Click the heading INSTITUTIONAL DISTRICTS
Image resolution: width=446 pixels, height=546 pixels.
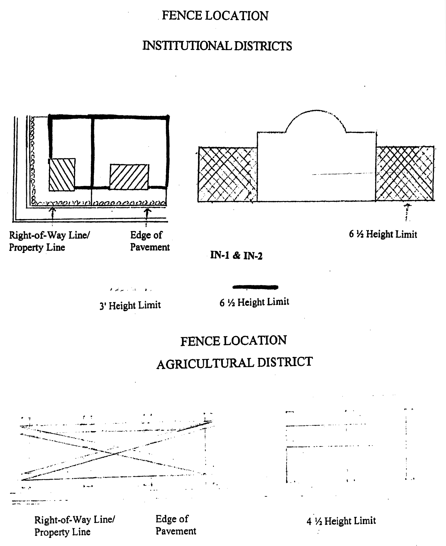point(217,46)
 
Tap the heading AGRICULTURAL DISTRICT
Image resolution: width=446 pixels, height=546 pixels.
point(234,363)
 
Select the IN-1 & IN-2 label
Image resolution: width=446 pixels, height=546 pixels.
point(236,255)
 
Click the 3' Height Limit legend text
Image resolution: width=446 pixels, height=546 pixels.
point(130,305)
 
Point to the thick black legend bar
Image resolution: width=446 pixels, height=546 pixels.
point(255,287)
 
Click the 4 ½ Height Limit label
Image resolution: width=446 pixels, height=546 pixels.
point(341,521)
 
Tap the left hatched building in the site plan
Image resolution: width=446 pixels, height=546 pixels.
point(62,175)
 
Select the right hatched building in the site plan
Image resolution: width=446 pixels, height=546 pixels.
point(129,177)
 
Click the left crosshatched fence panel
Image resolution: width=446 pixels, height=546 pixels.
point(227,174)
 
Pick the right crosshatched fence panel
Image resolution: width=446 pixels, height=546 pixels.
point(405,174)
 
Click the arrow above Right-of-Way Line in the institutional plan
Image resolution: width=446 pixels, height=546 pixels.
point(52,213)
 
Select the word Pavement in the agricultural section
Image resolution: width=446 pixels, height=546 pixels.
point(176,531)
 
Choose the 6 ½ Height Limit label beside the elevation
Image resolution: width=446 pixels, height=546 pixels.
point(383,234)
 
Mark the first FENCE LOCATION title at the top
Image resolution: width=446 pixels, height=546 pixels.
point(215,16)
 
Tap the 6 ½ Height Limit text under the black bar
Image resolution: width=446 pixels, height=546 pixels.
point(254,302)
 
